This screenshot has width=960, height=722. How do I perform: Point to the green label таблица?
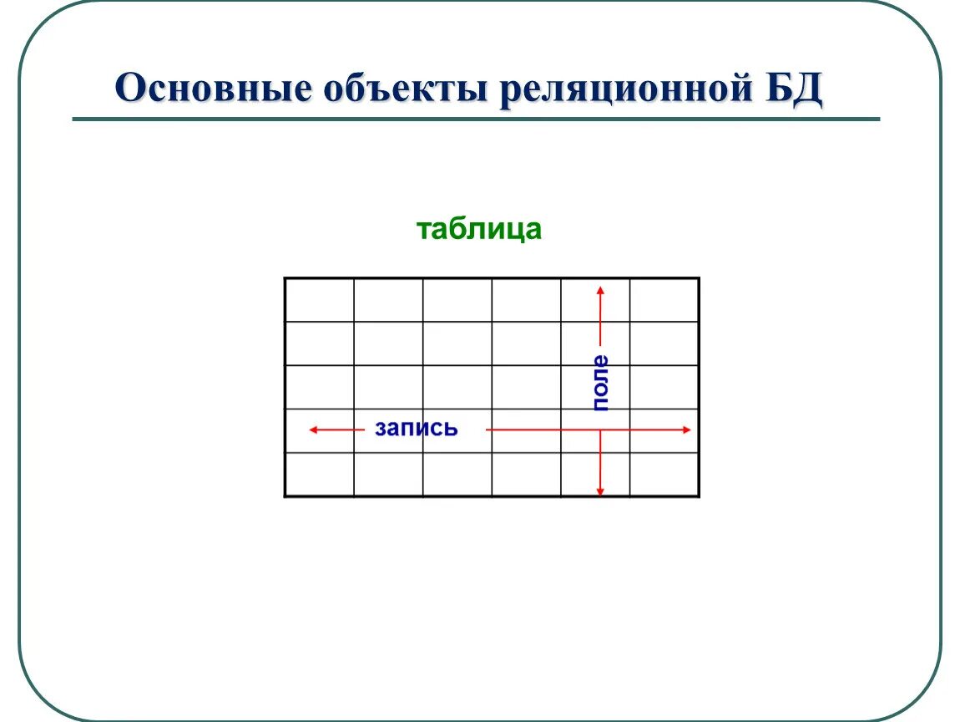point(479,229)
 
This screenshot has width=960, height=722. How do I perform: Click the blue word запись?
point(416,429)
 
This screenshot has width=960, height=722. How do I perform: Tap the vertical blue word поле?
point(600,383)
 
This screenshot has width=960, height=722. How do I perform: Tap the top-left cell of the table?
point(320,300)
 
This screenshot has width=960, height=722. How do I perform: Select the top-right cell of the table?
point(664,300)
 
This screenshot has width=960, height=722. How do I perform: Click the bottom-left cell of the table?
point(320,475)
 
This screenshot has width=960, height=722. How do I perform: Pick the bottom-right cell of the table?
point(664,475)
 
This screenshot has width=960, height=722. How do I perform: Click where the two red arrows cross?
point(600,430)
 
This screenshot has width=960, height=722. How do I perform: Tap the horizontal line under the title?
point(476,119)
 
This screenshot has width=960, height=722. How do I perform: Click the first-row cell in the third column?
point(457,300)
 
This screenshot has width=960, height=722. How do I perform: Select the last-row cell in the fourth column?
point(526,475)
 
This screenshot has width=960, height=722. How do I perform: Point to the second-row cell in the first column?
point(320,343)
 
